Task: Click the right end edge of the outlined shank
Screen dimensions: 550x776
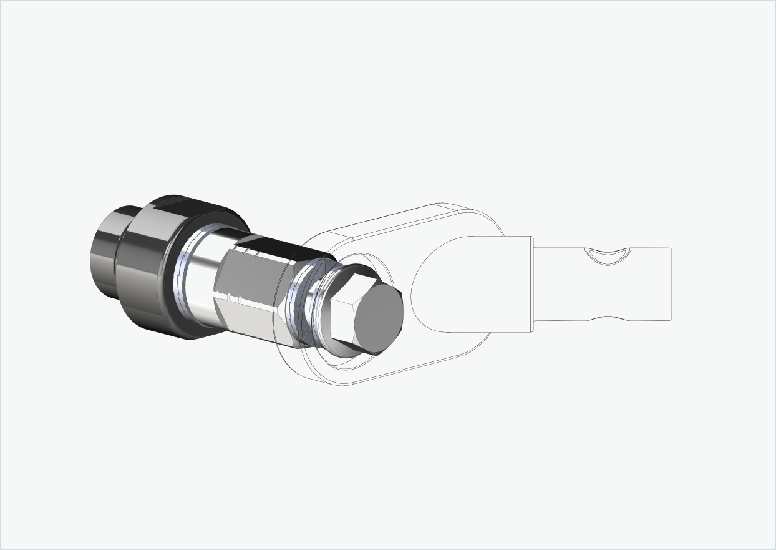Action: [x=670, y=284]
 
